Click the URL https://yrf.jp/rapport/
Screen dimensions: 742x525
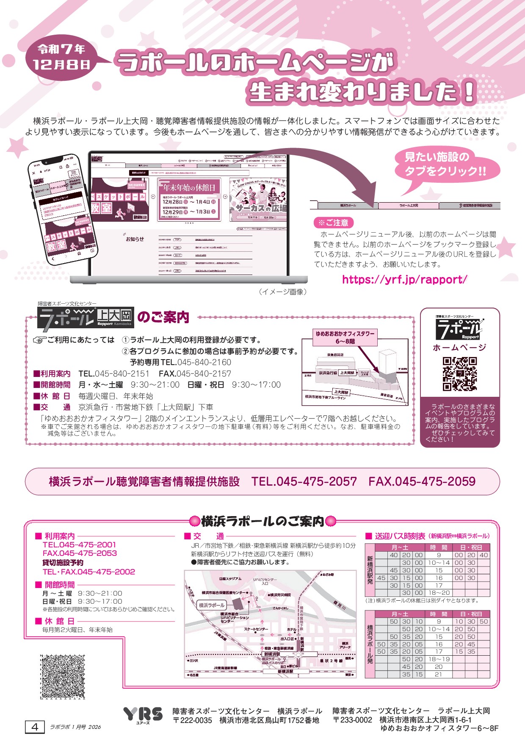point(404,280)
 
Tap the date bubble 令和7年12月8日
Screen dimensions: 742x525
point(62,57)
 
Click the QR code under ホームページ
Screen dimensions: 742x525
point(460,374)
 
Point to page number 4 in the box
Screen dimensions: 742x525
point(35,727)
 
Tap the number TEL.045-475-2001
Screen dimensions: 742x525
point(79,545)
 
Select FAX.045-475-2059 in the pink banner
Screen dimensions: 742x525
point(422,481)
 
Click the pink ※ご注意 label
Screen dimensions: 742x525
point(333,223)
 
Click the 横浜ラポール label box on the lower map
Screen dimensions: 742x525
point(212,605)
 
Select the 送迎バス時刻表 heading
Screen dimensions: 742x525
point(400,536)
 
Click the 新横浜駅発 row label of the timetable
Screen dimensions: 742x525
point(370,570)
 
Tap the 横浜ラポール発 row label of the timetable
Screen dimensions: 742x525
point(370,644)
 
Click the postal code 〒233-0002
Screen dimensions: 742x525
point(352,720)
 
